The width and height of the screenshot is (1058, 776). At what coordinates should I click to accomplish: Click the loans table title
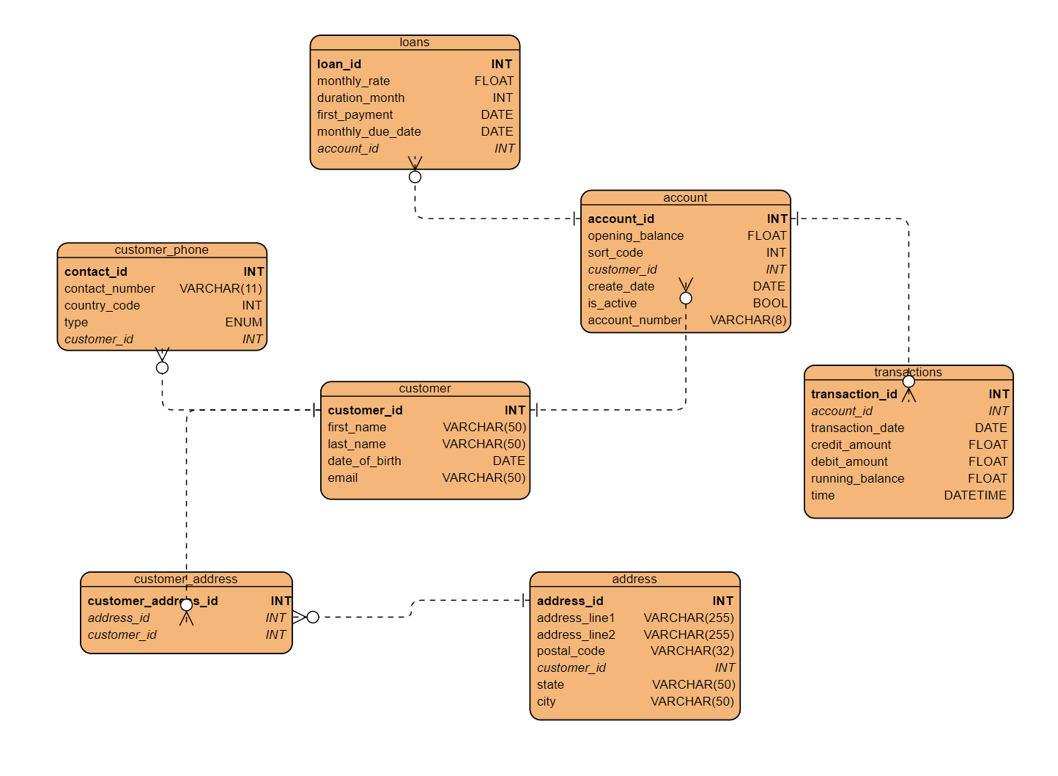tap(414, 43)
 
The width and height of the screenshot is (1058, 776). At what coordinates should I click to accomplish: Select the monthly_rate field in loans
tap(353, 81)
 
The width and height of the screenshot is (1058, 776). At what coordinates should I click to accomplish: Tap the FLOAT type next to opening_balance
tap(766, 236)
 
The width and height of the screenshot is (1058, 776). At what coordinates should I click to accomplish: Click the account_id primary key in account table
tap(621, 219)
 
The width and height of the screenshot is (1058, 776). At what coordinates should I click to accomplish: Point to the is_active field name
tap(612, 304)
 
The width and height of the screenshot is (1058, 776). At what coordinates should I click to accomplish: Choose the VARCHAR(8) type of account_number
tap(747, 321)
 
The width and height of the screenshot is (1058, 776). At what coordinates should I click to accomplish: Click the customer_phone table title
tap(161, 250)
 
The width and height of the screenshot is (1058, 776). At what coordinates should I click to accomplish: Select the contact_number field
tap(109, 289)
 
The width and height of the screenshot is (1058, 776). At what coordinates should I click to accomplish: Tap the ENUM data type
tap(243, 323)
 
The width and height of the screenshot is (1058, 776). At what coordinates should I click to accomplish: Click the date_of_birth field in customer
tap(364, 461)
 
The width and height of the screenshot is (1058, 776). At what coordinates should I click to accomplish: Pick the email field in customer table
tap(343, 478)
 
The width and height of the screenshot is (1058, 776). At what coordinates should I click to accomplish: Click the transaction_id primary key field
tap(854, 395)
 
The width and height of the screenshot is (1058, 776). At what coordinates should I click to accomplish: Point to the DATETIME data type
tap(974, 496)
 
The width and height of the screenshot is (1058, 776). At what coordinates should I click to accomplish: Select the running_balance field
tap(857, 479)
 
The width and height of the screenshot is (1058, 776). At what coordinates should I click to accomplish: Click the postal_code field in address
tap(571, 651)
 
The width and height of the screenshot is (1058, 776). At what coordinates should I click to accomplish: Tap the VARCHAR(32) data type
tap(692, 651)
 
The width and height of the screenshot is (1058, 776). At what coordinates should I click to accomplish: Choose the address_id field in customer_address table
tap(119, 618)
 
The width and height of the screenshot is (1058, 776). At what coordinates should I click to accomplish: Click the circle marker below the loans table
tap(415, 177)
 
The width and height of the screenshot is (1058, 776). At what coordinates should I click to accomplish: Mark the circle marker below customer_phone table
tap(162, 367)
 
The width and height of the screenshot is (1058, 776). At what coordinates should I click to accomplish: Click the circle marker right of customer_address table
tap(313, 617)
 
